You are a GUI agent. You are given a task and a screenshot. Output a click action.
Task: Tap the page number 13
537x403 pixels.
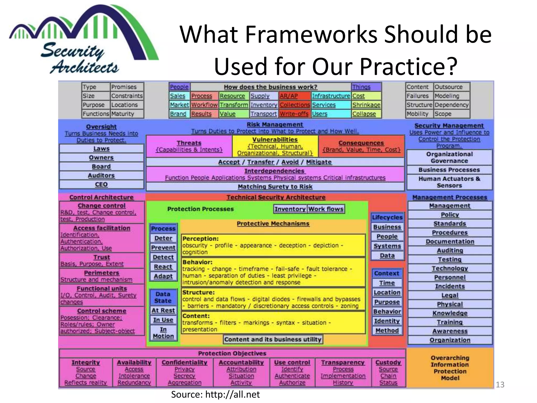(x=500, y=385)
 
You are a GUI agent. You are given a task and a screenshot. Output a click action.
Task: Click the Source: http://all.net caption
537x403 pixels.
(x=215, y=394)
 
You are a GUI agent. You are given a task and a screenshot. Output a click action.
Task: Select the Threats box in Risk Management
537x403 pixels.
(x=189, y=146)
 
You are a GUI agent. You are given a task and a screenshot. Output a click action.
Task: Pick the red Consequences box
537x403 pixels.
(x=361, y=146)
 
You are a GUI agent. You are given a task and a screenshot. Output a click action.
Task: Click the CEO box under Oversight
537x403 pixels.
(x=101, y=184)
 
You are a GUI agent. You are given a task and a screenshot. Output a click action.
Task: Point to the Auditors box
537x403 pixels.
(x=101, y=176)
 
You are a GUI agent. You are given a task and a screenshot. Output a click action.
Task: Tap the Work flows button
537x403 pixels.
(x=326, y=209)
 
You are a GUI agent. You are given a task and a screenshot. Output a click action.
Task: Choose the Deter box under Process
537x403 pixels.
(x=163, y=238)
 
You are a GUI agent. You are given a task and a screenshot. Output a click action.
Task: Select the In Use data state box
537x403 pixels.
(x=163, y=320)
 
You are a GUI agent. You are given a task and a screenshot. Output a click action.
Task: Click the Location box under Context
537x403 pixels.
(x=387, y=293)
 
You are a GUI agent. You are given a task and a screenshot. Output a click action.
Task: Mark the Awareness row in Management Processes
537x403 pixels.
(x=450, y=331)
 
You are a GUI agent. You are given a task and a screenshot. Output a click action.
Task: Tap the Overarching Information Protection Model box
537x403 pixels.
(x=450, y=368)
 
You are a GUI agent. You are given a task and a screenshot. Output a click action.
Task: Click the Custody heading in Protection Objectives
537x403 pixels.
(x=388, y=362)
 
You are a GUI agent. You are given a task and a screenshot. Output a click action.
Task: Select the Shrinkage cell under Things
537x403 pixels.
(x=366, y=105)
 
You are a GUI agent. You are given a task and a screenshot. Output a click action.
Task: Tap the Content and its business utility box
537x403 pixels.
(x=273, y=340)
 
